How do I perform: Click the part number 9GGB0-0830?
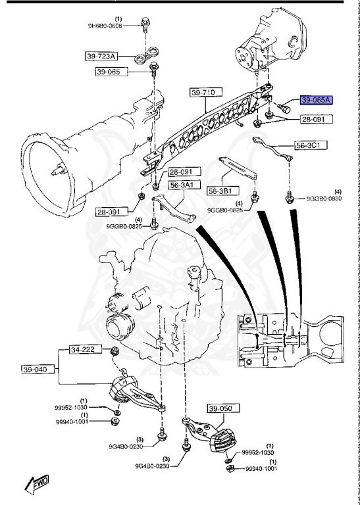click(x=323, y=198)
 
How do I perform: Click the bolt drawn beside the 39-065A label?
click(x=284, y=105)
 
